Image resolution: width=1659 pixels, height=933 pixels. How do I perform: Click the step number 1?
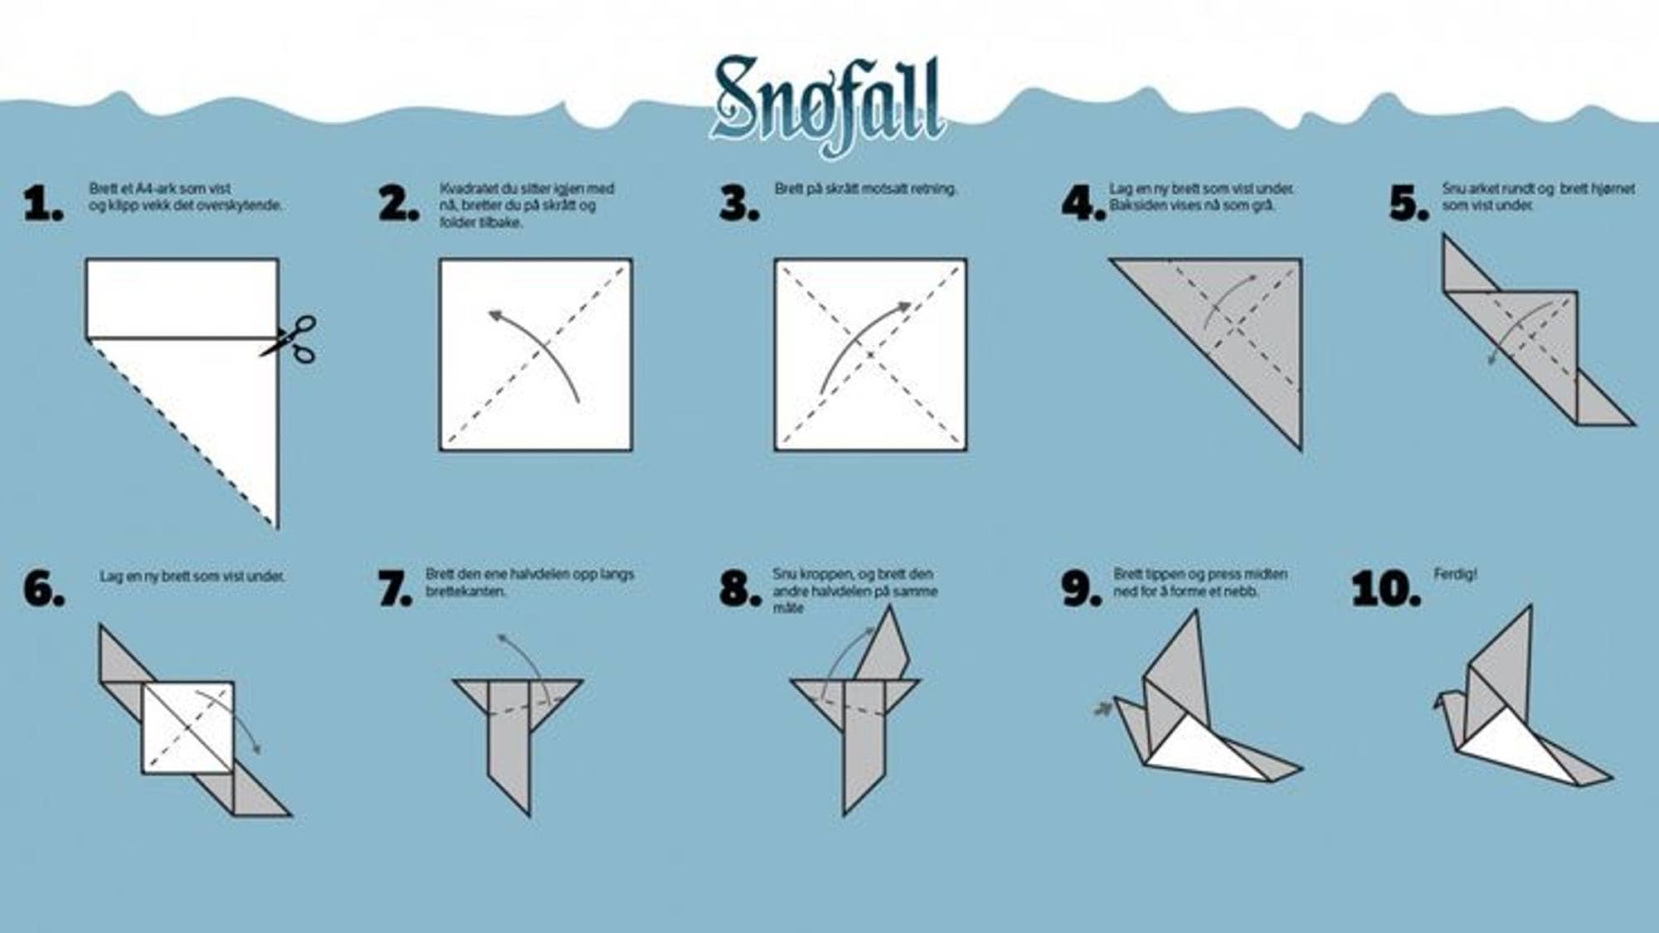point(43,205)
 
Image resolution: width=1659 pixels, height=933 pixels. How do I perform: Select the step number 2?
point(398,205)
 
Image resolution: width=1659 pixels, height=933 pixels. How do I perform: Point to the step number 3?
point(738,205)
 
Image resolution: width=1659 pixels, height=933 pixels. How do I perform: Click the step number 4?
point(1083,205)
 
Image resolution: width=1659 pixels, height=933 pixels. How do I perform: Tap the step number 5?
point(1408,205)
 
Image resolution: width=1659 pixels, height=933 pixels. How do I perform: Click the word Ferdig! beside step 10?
point(1455,574)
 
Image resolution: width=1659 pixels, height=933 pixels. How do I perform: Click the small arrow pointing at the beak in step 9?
point(1102,709)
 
